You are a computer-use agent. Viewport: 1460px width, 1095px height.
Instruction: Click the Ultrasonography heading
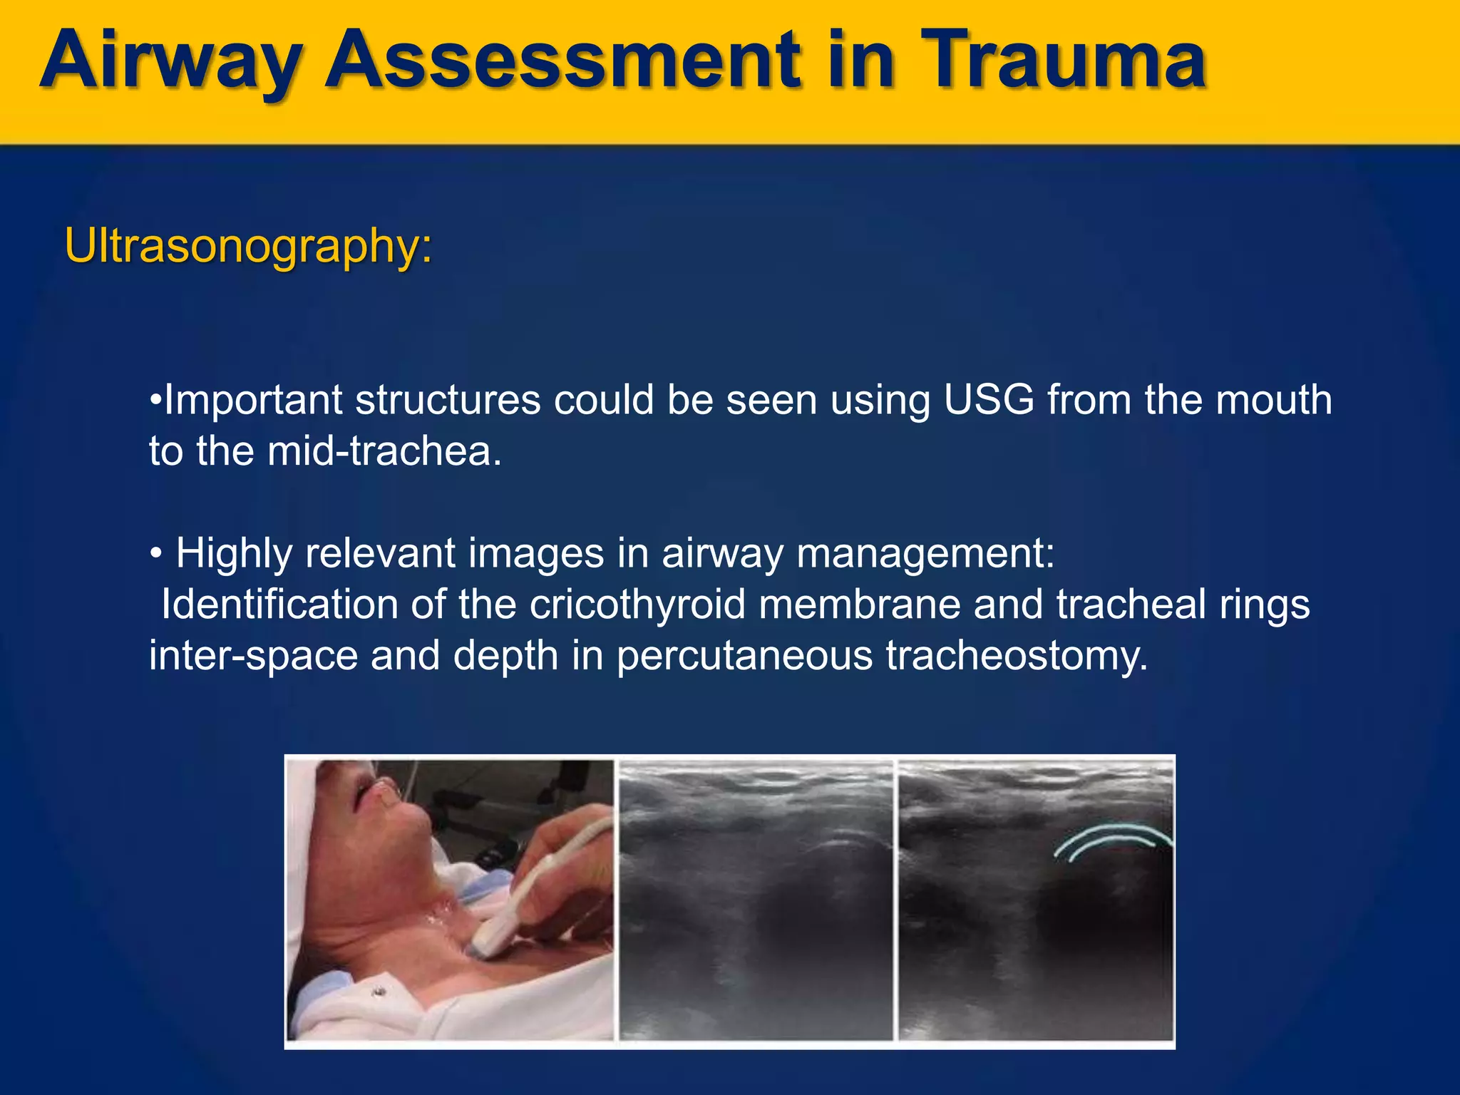point(248,246)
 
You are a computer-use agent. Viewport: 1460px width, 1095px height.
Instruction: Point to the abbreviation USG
point(988,400)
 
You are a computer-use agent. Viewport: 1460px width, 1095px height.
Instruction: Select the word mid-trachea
point(384,451)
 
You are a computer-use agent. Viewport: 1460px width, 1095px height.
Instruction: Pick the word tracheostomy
point(1017,656)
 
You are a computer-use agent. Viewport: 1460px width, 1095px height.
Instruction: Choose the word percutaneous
point(744,656)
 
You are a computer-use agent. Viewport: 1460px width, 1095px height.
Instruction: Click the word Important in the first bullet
point(253,400)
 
